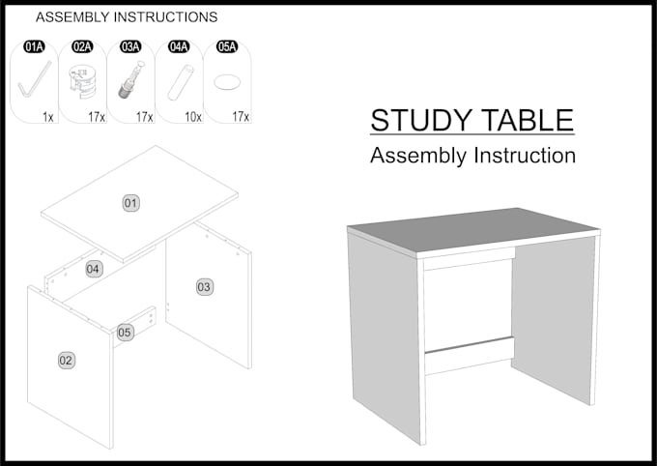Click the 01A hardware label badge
coord(35,46)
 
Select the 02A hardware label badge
coord(83,46)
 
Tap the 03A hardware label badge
coord(130,46)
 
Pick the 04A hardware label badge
coord(179,46)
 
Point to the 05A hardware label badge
coord(227,46)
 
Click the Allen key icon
coord(34,79)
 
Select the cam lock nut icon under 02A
coord(82,83)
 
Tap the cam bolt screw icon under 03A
coord(130,81)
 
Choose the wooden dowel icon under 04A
coord(179,82)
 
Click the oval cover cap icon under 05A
coord(227,82)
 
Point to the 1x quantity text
coord(47,117)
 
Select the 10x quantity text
coord(192,117)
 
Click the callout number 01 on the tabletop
coord(130,202)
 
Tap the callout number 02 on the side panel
coord(66,361)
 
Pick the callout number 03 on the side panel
coord(204,287)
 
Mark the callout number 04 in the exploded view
coord(94,269)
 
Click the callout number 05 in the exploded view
coord(125,333)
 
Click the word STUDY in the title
coord(418,121)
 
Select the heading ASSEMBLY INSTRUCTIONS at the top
coord(127,17)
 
